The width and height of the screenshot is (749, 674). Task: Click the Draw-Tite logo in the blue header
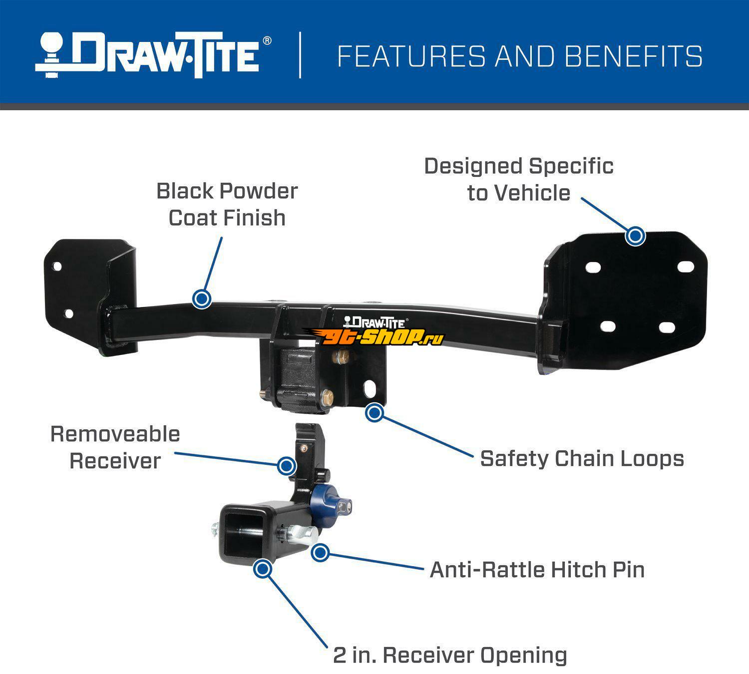click(x=153, y=55)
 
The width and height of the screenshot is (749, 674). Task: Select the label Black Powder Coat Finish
click(x=227, y=204)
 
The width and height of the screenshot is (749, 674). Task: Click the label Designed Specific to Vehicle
click(x=519, y=180)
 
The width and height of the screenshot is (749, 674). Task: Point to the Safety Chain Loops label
click(x=582, y=458)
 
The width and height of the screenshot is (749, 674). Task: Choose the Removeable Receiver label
click(x=115, y=447)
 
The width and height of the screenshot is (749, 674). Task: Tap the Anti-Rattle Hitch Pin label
click(x=537, y=570)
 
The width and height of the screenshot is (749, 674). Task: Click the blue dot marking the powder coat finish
click(x=202, y=299)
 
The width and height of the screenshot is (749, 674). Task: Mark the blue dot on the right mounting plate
click(x=635, y=236)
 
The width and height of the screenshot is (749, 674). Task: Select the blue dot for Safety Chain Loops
click(x=374, y=412)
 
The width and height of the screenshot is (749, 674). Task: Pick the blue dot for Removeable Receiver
click(x=287, y=466)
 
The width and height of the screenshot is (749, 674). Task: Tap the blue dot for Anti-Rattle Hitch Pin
click(x=320, y=552)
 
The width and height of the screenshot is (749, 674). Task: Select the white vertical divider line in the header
click(x=300, y=55)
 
